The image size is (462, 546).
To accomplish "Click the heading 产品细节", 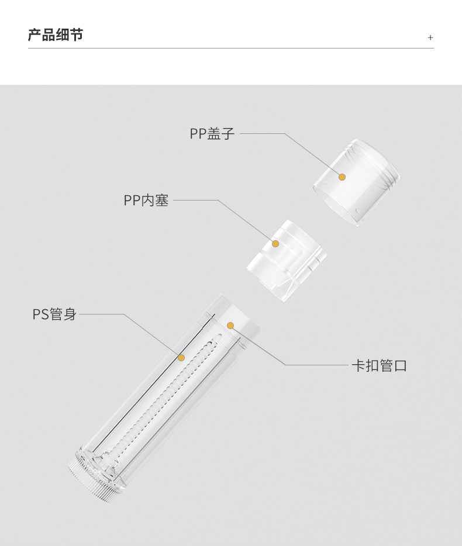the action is (56, 35).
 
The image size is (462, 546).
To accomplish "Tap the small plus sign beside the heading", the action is (430, 37).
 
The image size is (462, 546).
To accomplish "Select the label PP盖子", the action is (212, 134).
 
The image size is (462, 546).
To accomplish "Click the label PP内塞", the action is (146, 201).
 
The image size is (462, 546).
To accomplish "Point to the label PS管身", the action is (54, 315).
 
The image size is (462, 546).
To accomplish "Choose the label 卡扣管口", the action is (378, 366).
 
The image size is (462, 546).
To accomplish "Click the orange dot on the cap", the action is (343, 177).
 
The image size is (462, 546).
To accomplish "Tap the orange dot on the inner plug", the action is (275, 243).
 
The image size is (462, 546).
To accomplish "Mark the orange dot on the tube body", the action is (181, 357).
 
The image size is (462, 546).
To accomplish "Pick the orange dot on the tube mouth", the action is (230, 325).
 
